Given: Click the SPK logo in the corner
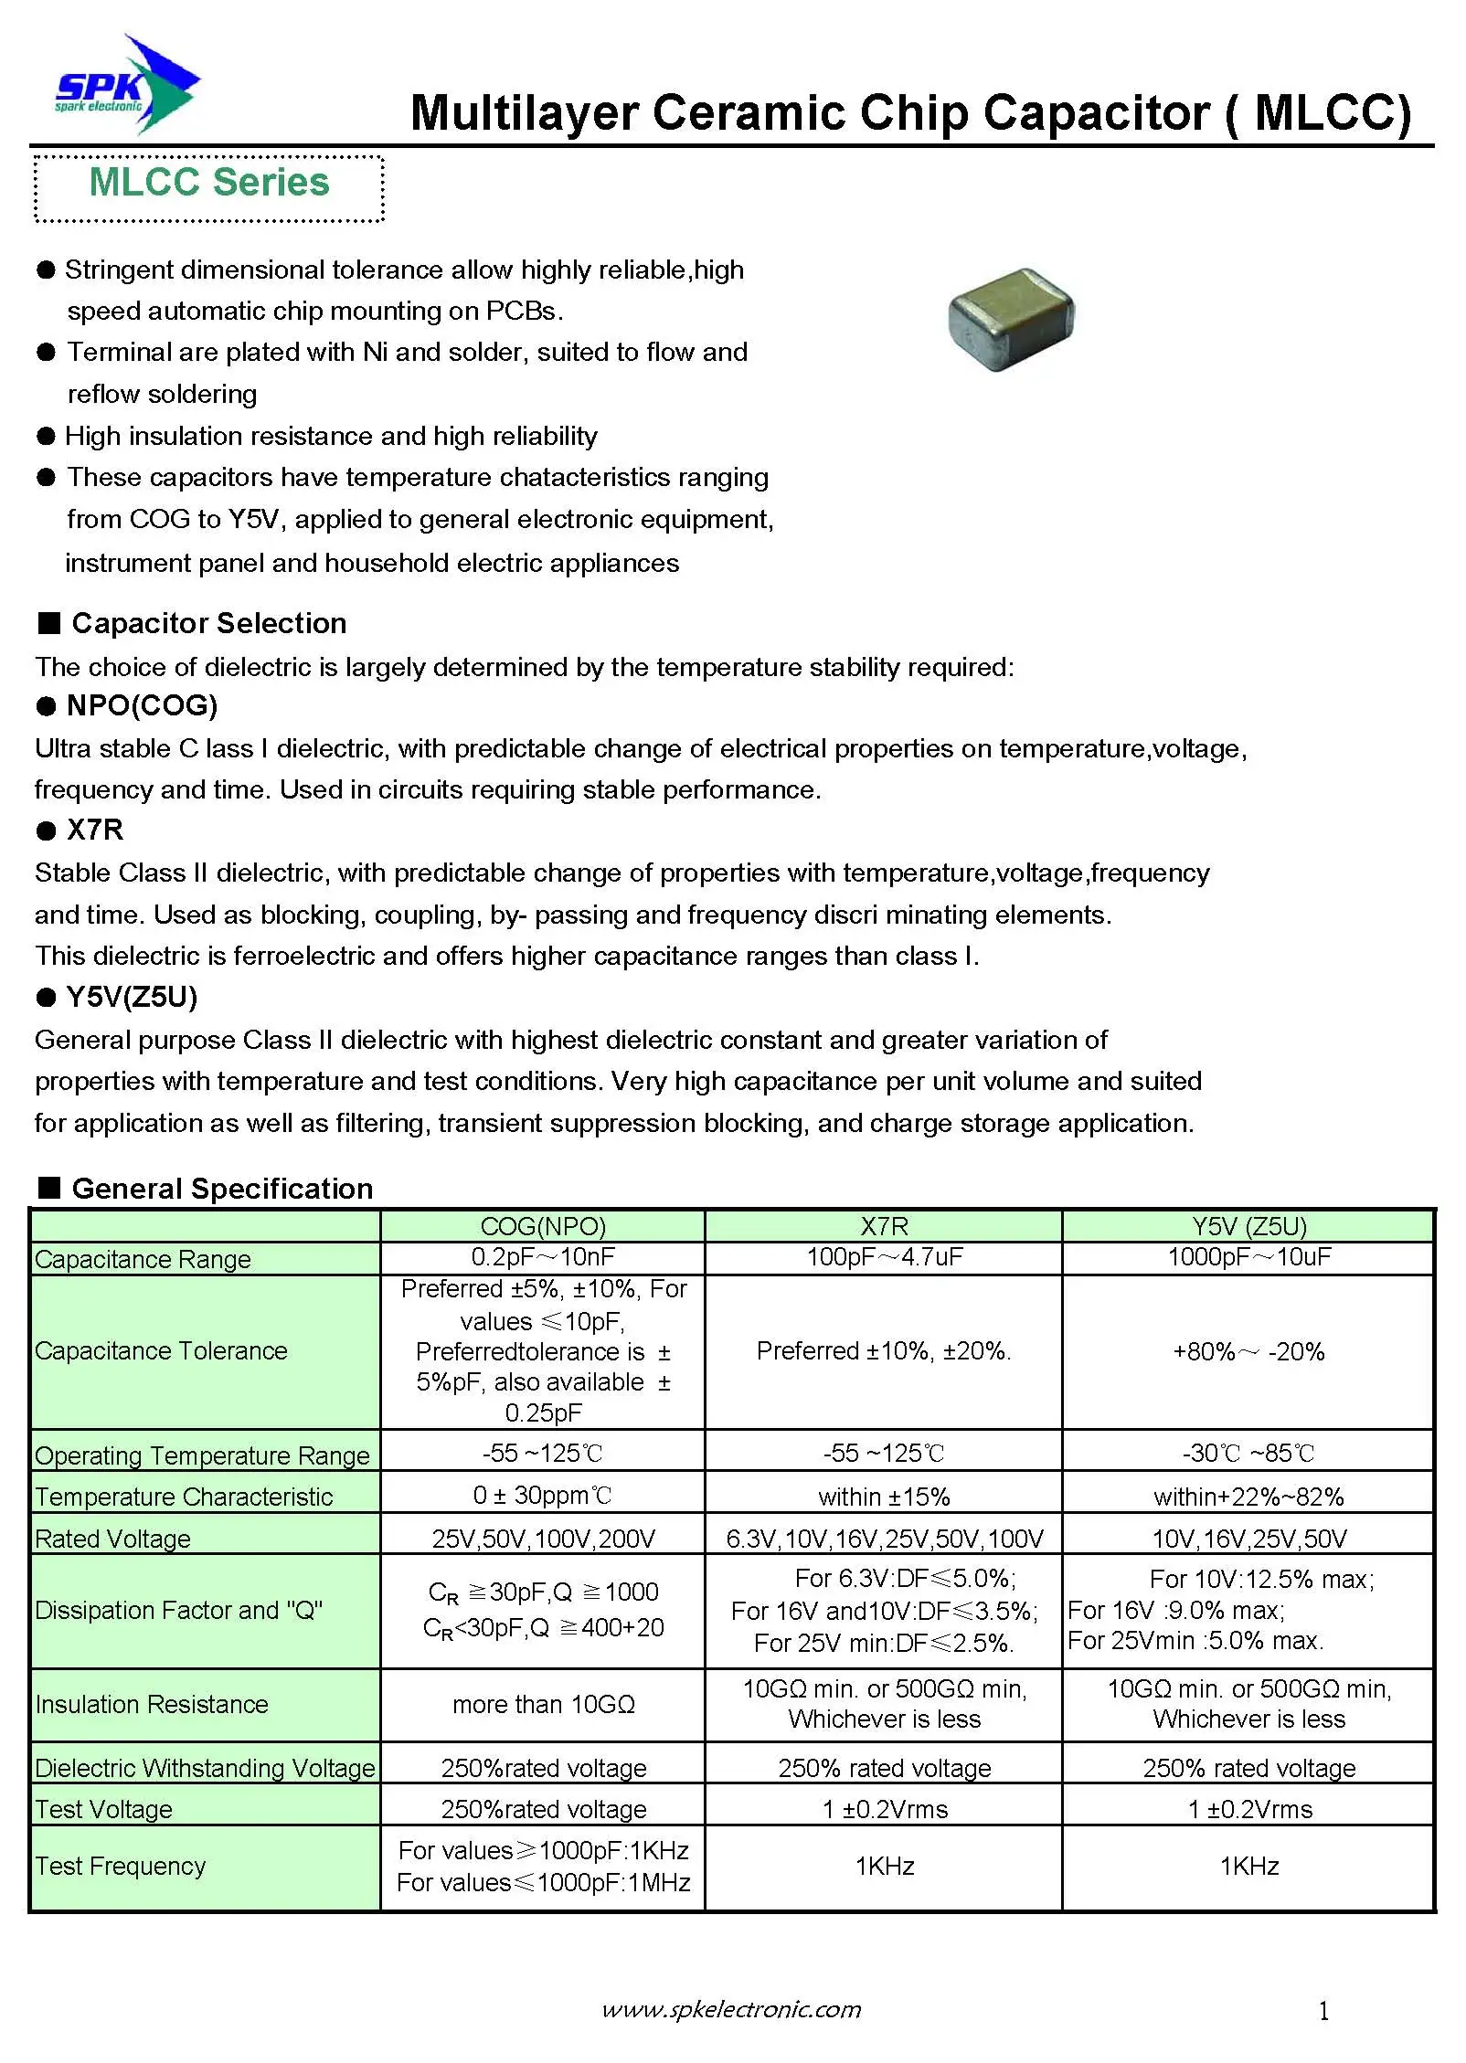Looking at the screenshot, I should click(126, 87).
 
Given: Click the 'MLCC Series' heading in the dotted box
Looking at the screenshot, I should click(208, 183).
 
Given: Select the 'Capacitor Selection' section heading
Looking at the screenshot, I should click(208, 623).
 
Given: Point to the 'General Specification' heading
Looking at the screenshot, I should click(222, 1188).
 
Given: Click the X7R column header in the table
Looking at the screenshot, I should click(884, 1226).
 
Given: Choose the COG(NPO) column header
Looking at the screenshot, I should click(543, 1226).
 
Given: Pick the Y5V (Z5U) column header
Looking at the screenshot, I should click(1248, 1226).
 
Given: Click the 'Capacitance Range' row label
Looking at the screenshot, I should click(143, 1259).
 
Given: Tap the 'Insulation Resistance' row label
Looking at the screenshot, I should click(152, 1704).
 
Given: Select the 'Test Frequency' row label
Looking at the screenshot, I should click(120, 1866).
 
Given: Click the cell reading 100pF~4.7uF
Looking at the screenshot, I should click(884, 1257).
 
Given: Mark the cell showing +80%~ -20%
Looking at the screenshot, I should click(1248, 1351).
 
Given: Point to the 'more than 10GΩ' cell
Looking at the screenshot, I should click(543, 1704).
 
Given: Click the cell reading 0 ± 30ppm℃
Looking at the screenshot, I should click(543, 1496).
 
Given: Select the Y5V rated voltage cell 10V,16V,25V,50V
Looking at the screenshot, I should click(1248, 1539).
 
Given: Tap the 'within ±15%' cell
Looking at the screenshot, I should click(884, 1497).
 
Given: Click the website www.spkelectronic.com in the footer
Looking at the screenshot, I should click(731, 2009).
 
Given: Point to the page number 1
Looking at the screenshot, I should click(1323, 2011).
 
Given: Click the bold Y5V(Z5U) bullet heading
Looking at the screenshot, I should click(132, 997).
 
